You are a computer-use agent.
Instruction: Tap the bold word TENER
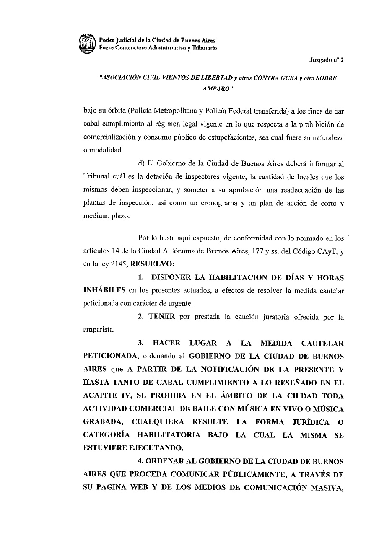[162, 317]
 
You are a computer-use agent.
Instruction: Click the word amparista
[98, 330]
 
